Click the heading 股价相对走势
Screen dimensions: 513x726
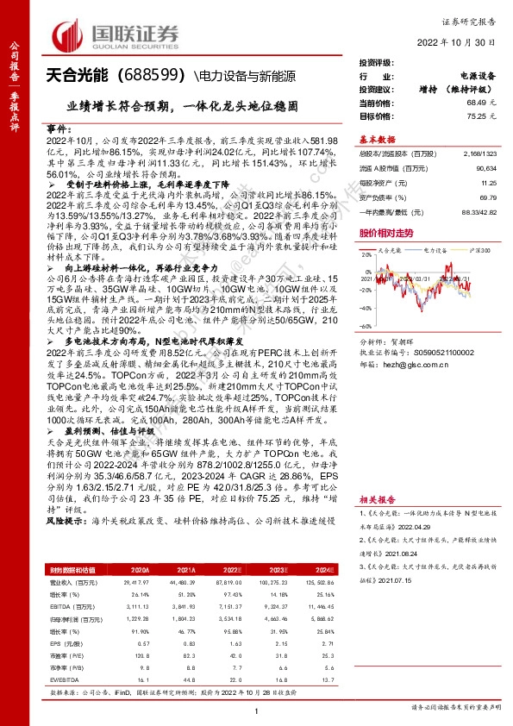click(386, 234)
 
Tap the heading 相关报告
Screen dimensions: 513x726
click(378, 499)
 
